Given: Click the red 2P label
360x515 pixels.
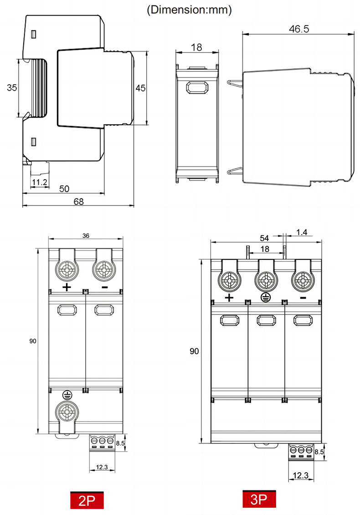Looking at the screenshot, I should pyautogui.click(x=87, y=501).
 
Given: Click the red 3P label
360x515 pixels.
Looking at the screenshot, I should pyautogui.click(x=259, y=500).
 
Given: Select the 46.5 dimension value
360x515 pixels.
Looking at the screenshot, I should pyautogui.click(x=299, y=29).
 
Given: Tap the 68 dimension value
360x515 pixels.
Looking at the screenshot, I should pyautogui.click(x=78, y=201).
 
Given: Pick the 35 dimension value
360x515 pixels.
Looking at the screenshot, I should pyautogui.click(x=12, y=88).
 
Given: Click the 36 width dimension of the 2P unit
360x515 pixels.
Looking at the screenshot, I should pyautogui.click(x=86, y=236).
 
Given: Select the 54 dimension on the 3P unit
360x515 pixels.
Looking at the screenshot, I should pyautogui.click(x=264, y=238).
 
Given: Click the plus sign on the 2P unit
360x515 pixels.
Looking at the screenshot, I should pyautogui.click(x=67, y=287).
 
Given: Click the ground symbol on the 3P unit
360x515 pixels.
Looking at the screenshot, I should pyautogui.click(x=266, y=298).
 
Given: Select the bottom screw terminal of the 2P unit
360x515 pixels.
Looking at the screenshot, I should pyautogui.click(x=67, y=412).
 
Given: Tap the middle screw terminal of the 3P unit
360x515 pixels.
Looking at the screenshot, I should pyautogui.click(x=266, y=279).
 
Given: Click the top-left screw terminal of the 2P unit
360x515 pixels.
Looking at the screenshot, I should pyautogui.click(x=67, y=269).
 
